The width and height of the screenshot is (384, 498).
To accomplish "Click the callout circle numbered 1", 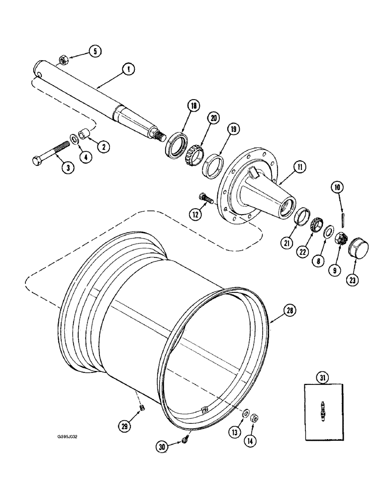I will tap(128, 71).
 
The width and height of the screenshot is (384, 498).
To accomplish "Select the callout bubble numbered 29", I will tap(124, 426).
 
